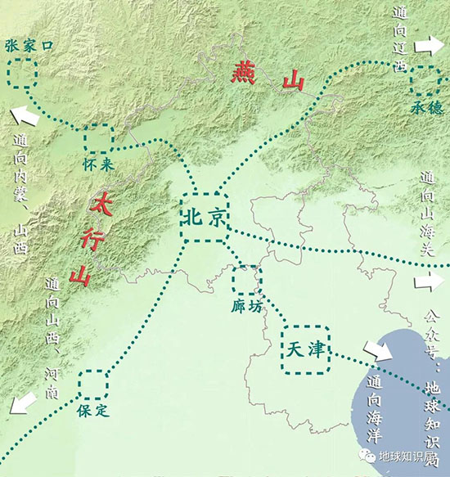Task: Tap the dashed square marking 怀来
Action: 99,138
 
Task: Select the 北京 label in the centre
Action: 204,218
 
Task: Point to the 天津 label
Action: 304,349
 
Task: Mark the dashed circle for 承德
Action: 425,80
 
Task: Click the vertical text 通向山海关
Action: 428,214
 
